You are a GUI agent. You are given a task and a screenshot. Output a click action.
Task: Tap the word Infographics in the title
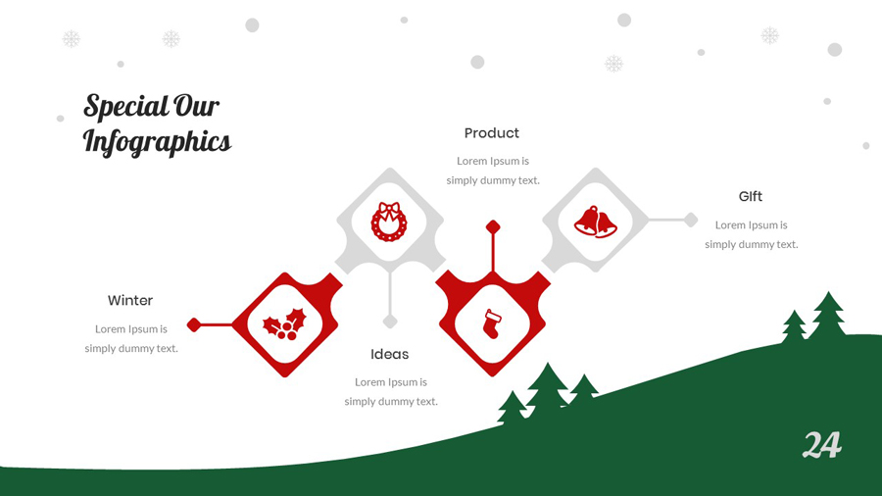[157, 141]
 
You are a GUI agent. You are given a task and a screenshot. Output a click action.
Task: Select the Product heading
[492, 133]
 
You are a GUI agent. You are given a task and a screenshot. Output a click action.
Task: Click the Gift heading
[751, 196]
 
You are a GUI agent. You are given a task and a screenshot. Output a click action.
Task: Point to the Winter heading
[130, 300]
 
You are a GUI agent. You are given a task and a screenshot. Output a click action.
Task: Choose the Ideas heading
[389, 354]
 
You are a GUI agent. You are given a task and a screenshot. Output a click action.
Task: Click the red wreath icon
[389, 222]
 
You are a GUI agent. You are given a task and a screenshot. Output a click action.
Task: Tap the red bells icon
[595, 222]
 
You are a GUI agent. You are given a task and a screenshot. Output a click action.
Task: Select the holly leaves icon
[284, 324]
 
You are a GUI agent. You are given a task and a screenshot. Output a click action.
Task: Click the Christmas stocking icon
[492, 324]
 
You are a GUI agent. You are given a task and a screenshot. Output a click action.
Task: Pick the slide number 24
[822, 445]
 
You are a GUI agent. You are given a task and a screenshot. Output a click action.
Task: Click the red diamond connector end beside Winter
[193, 325]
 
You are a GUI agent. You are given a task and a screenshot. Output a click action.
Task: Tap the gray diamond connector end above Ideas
[390, 322]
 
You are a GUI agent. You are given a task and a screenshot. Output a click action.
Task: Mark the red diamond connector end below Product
[493, 227]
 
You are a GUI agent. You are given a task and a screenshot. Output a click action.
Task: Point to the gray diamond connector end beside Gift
[691, 220]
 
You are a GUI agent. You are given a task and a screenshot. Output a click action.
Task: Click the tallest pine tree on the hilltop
[828, 316]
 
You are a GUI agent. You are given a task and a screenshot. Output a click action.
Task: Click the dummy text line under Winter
[131, 349]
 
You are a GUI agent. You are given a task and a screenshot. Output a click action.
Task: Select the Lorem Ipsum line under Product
[493, 161]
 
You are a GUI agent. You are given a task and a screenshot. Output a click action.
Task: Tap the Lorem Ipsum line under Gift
[751, 224]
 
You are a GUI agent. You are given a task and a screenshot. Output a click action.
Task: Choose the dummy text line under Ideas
[391, 402]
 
